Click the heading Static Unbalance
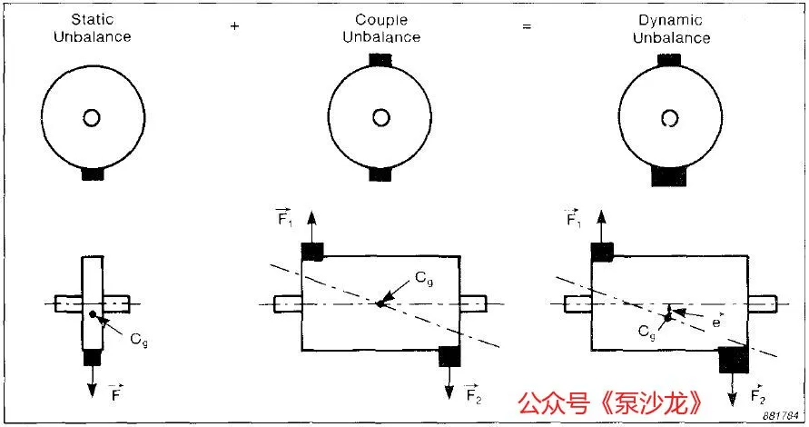pyautogui.click(x=92, y=29)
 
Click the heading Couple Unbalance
pyautogui.click(x=380, y=29)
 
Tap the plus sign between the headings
pyautogui.click(x=235, y=26)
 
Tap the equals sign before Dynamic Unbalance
pyautogui.click(x=525, y=26)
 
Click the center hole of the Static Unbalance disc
pyautogui.click(x=92, y=118)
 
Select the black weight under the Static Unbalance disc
pyautogui.click(x=92, y=173)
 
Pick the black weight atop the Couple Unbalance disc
pyautogui.click(x=380, y=60)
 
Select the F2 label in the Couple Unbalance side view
pyautogui.click(x=472, y=393)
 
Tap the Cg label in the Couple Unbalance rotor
pyautogui.click(x=425, y=281)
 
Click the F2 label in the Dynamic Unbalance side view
pyautogui.click(x=757, y=396)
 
